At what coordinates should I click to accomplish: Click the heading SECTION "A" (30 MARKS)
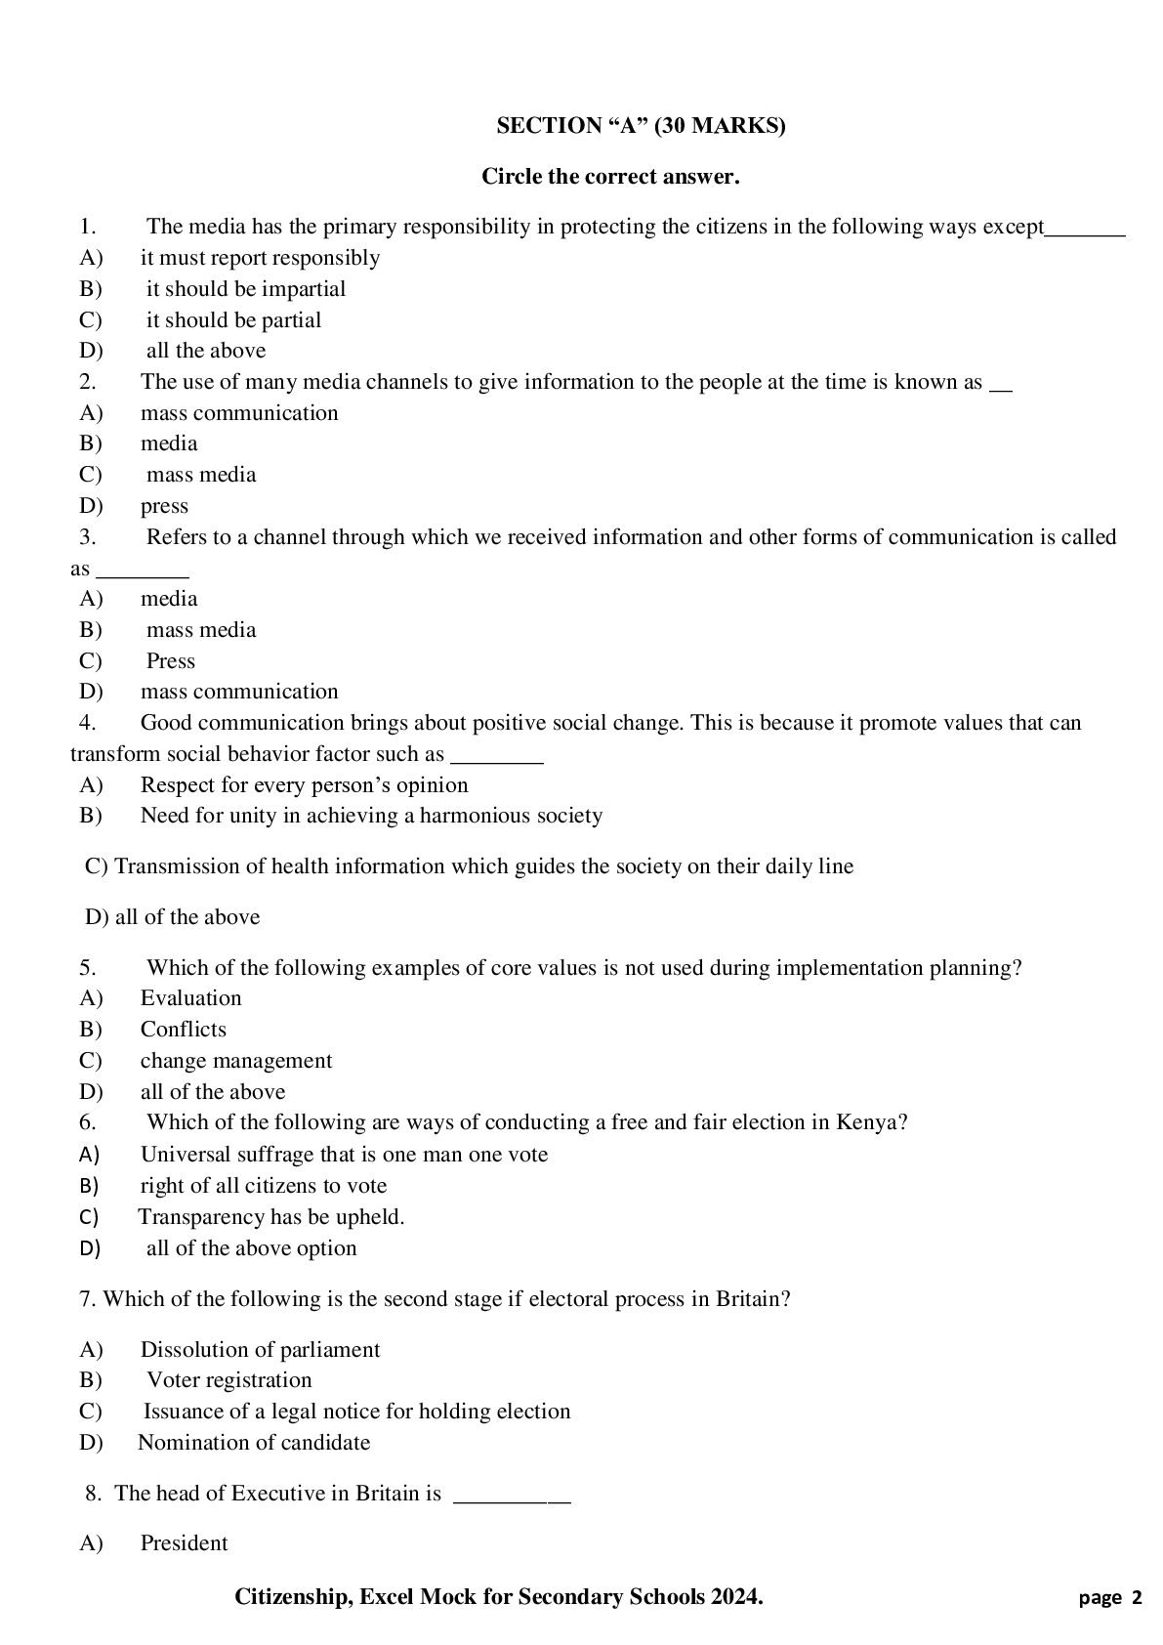(641, 126)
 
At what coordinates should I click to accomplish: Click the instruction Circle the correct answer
(610, 177)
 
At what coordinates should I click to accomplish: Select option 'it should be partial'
(233, 319)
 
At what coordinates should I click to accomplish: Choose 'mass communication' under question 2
(239, 412)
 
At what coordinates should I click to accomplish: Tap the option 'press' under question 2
(164, 506)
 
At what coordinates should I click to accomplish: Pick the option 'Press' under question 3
(171, 660)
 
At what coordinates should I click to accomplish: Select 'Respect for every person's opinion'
(304, 784)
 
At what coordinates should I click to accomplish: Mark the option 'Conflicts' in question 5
(183, 1029)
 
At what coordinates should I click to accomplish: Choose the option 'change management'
(236, 1060)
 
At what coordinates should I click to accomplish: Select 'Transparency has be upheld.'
(270, 1216)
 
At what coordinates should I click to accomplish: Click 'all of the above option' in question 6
(251, 1247)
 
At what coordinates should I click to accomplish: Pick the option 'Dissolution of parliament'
(260, 1349)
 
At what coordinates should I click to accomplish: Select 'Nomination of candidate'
(254, 1442)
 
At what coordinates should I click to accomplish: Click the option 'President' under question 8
(184, 1542)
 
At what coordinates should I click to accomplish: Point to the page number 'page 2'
(1110, 1598)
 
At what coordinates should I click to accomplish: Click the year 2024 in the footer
(733, 1596)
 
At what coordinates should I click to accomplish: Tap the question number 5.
(87, 967)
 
